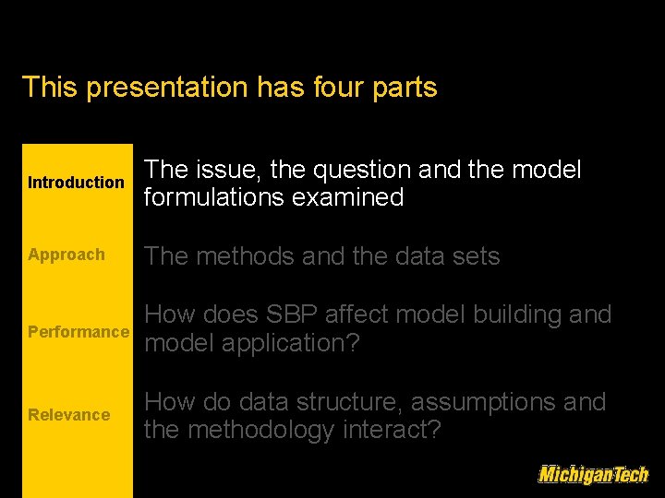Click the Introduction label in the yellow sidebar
[76, 183]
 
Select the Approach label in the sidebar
[66, 255]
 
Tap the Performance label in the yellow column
[79, 331]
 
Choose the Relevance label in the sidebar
[68, 415]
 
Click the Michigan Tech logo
[593, 474]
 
